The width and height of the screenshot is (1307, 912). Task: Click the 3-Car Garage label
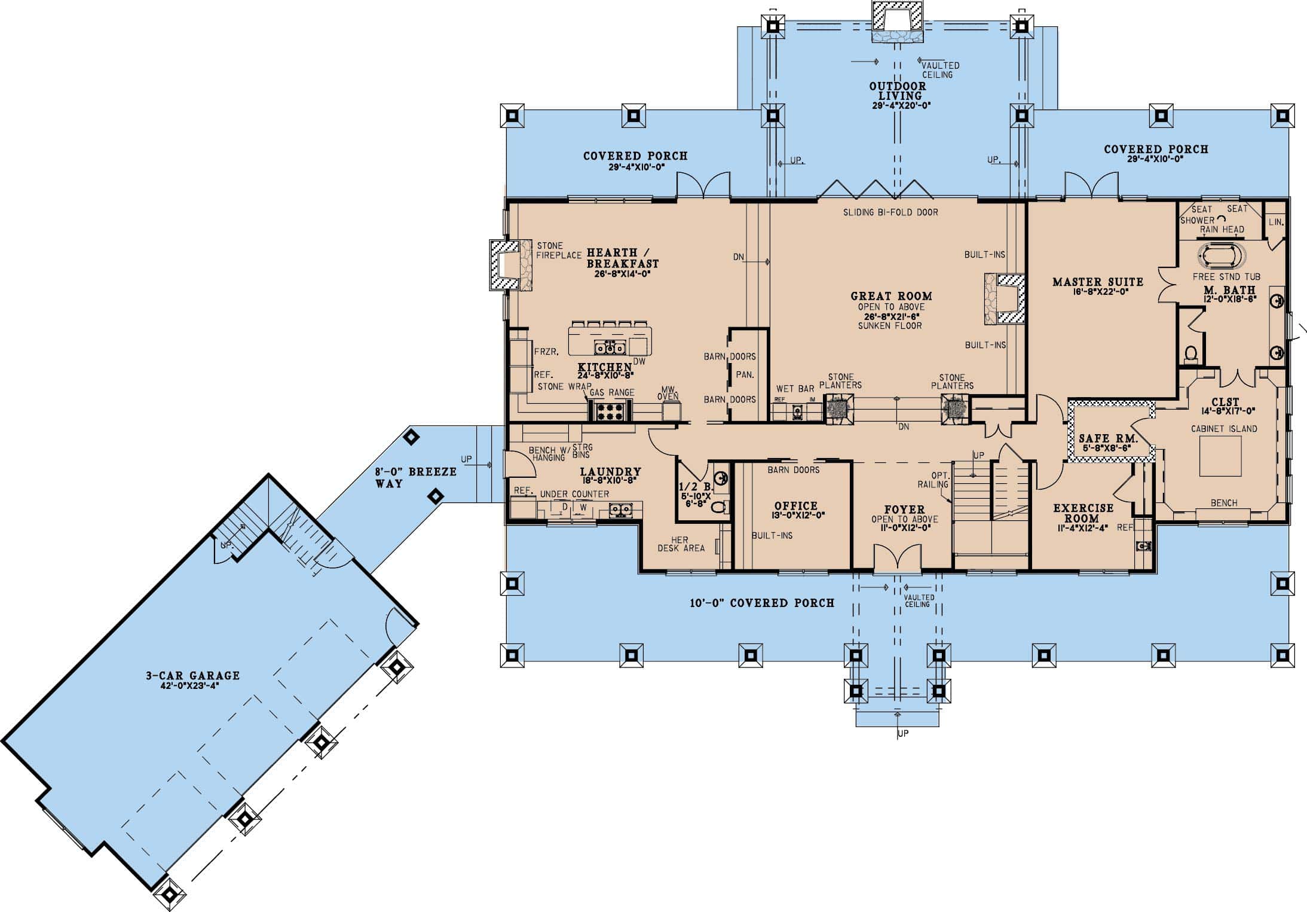pos(192,675)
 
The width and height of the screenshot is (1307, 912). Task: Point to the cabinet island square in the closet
pos(1220,456)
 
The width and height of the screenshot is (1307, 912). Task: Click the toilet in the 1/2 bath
pos(718,507)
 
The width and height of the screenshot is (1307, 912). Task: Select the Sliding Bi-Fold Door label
pos(890,212)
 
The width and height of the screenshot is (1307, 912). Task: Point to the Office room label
pos(795,506)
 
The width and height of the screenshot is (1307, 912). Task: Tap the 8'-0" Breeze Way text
pos(415,477)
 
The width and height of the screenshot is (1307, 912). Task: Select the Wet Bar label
pos(795,389)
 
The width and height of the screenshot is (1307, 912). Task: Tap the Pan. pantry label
pos(745,375)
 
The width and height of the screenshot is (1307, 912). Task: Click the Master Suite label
pos(1098,282)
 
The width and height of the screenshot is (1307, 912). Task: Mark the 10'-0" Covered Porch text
pos(762,603)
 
